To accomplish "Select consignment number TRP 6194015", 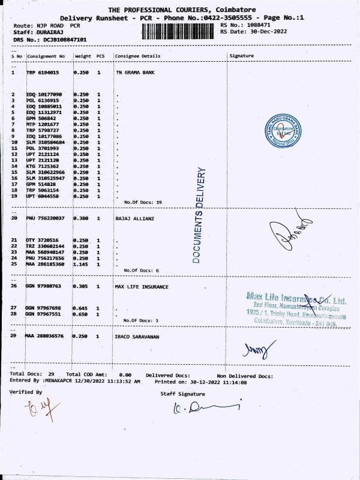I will coord(43,72).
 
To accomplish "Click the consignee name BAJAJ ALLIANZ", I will coord(134,219).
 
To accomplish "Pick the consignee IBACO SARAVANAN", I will coord(140,336).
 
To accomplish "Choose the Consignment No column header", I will coord(46,56).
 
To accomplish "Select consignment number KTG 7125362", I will coord(43,166).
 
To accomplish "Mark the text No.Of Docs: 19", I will coord(143,202).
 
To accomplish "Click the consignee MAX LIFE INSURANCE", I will coord(142,286).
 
